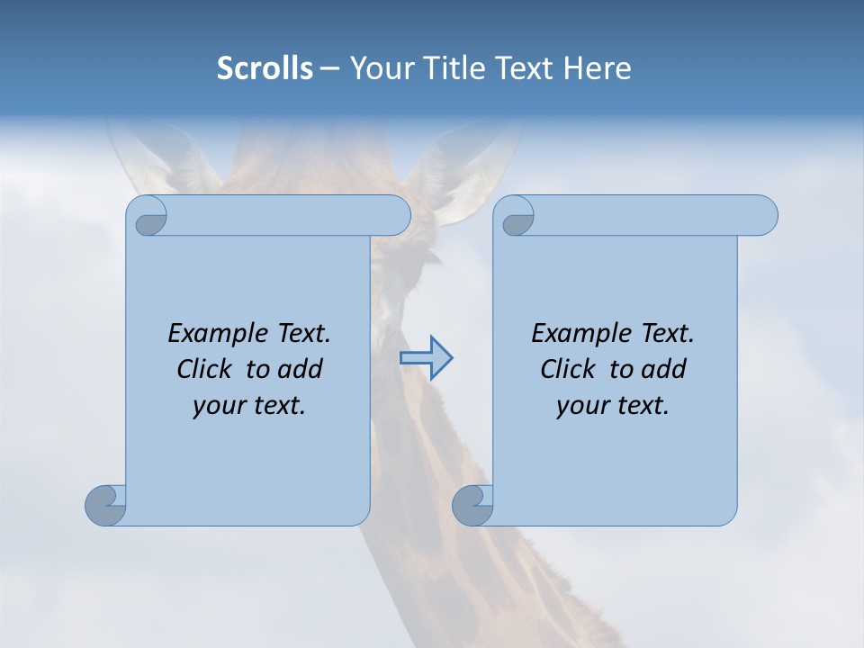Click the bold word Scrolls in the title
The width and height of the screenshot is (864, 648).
265,68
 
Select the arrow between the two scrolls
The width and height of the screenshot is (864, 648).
426,358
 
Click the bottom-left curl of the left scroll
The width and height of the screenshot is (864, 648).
105,505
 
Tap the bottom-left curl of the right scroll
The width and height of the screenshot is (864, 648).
472,505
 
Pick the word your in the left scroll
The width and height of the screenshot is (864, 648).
216,407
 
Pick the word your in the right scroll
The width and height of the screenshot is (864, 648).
580,407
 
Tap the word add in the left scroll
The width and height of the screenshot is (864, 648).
301,370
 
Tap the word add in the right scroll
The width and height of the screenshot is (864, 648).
665,370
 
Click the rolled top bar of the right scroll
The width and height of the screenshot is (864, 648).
648,216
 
